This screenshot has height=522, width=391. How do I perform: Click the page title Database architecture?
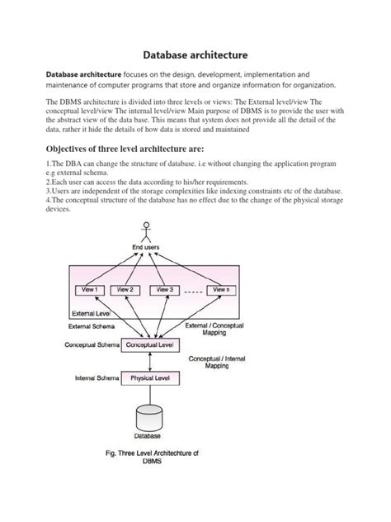[x=195, y=55]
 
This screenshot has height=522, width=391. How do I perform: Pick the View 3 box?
[x=165, y=290]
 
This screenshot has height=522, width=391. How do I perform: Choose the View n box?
[x=220, y=290]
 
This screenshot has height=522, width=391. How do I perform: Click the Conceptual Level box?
[x=148, y=344]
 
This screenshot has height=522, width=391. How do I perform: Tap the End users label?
[x=148, y=247]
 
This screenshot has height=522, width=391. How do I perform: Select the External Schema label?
[x=93, y=328]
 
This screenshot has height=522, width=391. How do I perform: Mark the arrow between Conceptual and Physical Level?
[x=148, y=361]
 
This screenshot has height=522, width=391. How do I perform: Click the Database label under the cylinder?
[x=148, y=435]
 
